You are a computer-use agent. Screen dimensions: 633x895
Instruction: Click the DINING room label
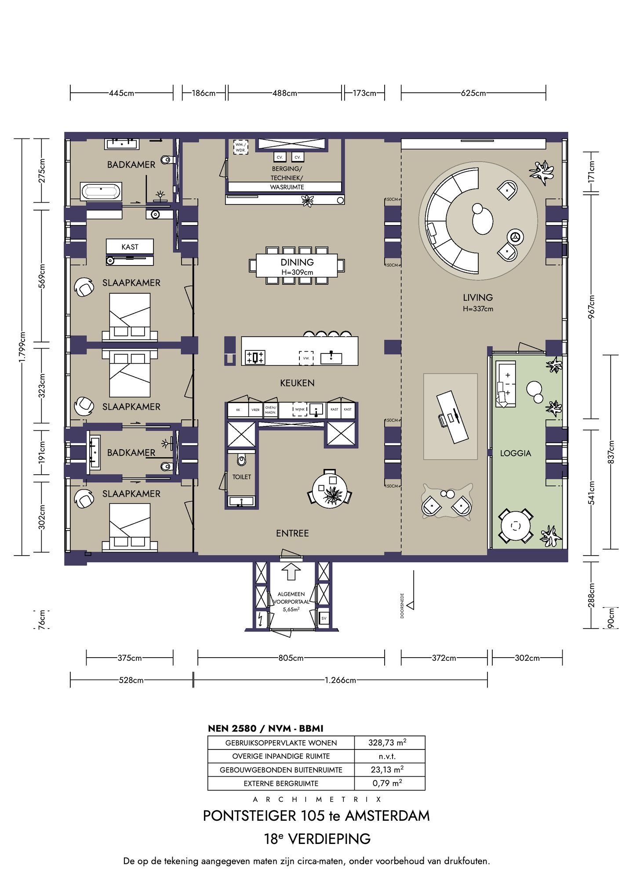(x=297, y=262)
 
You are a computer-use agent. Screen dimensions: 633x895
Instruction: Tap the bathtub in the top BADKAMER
(x=101, y=192)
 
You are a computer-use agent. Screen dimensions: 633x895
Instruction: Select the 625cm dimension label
(x=473, y=93)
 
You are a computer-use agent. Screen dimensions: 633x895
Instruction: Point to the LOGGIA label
(x=516, y=453)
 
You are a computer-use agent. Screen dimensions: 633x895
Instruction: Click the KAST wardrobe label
(x=130, y=247)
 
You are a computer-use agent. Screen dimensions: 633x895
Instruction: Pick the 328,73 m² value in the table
(x=387, y=742)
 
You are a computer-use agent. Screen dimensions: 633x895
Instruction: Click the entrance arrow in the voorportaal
(x=291, y=571)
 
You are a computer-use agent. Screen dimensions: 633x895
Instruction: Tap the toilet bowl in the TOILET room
(x=241, y=460)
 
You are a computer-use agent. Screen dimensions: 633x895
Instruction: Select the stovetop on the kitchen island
(x=255, y=357)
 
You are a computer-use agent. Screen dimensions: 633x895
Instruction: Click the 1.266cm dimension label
(x=340, y=680)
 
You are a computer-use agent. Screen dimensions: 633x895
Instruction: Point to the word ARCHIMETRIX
(x=316, y=799)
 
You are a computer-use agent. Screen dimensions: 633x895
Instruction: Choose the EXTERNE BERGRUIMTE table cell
(x=281, y=783)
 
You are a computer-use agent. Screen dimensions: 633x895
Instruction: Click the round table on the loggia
(x=516, y=526)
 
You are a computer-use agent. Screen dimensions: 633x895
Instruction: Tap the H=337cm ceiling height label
(x=478, y=309)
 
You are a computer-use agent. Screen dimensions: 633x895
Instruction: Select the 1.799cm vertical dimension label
(x=22, y=347)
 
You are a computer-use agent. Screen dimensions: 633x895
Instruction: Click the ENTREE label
(x=292, y=533)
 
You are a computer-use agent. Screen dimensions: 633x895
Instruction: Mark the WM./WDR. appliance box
(x=240, y=147)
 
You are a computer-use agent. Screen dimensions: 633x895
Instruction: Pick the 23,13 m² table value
(x=387, y=770)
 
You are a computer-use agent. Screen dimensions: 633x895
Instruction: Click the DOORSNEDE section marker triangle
(x=410, y=605)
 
